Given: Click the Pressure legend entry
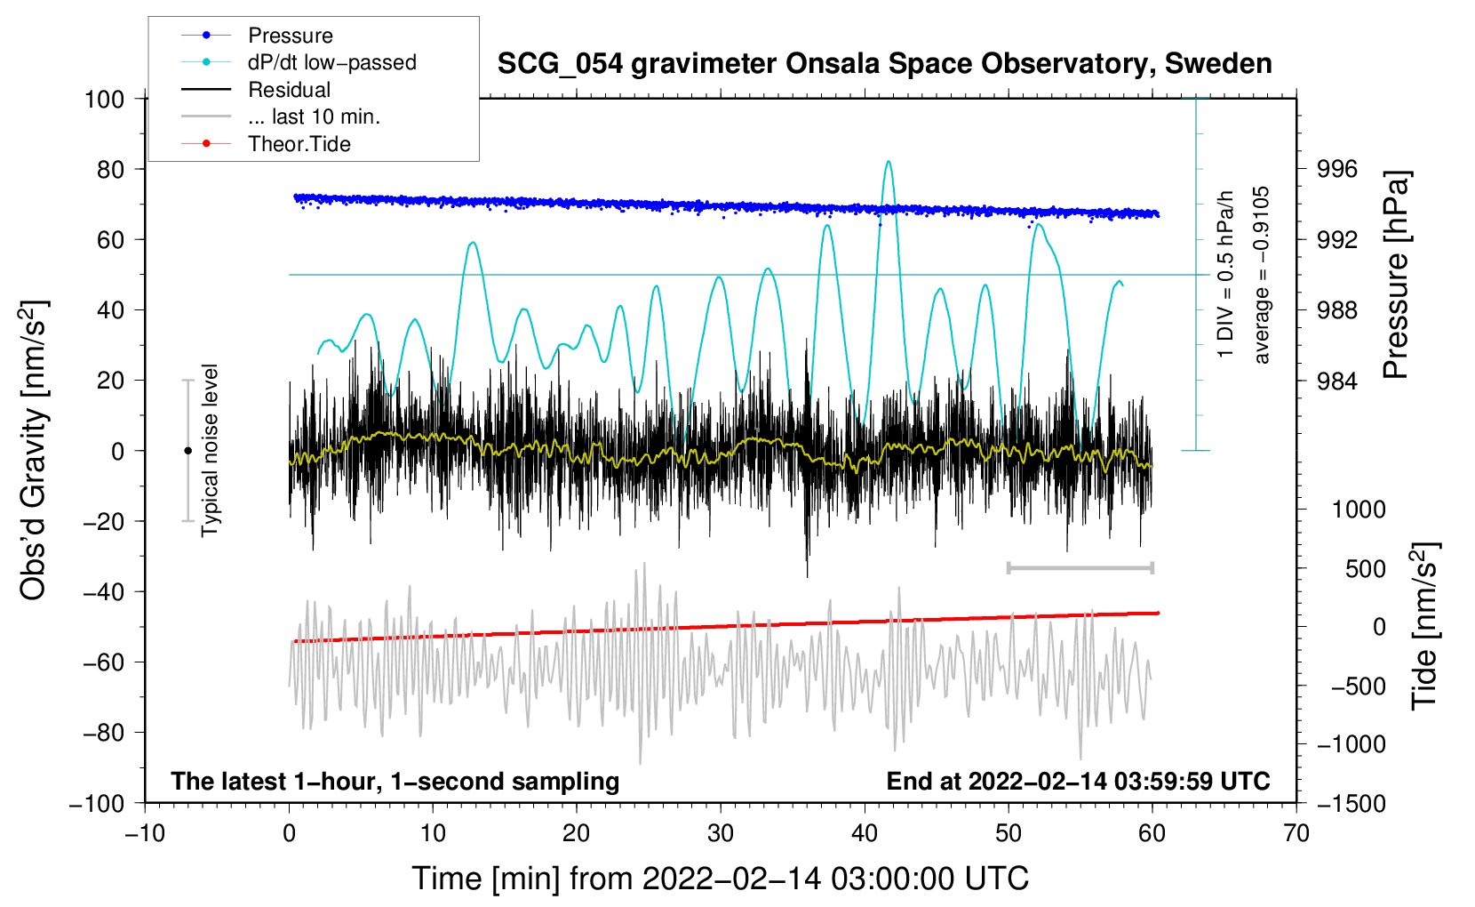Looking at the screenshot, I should click(290, 36).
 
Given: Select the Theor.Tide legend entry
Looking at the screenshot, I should click(299, 144).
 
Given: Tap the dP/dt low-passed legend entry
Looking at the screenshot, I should click(331, 62).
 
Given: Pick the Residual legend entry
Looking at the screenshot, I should click(289, 90).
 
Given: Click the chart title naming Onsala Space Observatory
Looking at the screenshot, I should click(884, 64).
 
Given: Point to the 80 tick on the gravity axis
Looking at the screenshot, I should click(110, 169).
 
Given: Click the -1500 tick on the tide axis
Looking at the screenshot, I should click(1351, 803).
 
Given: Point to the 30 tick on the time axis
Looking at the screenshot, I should click(721, 833).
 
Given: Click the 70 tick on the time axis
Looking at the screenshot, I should click(1296, 833).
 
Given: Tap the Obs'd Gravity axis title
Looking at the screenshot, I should click(34, 450).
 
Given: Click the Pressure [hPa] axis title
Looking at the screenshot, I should click(1396, 275).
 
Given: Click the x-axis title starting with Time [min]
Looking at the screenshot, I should click(720, 879).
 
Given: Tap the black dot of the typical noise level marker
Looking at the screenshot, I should click(187, 451).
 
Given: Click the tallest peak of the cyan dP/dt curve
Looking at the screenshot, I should click(889, 162).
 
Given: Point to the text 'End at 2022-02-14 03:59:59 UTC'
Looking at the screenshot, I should click(1078, 781).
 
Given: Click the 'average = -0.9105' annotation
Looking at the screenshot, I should click(1262, 275).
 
